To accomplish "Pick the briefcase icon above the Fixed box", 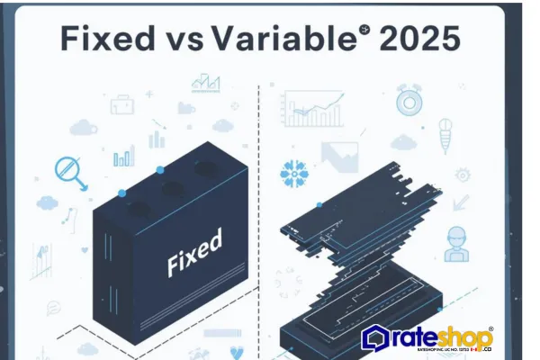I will (122, 104).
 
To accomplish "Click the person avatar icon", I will (457, 243).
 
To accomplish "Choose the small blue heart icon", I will (238, 352).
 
